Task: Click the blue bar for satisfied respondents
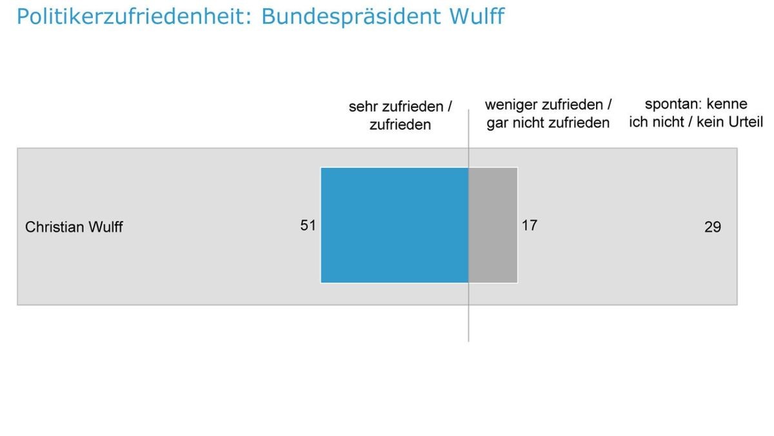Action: [394, 225]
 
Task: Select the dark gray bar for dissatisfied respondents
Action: [493, 225]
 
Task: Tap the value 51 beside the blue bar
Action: [308, 225]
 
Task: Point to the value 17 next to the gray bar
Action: [529, 225]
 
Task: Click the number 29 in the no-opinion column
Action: [712, 227]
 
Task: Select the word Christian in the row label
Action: [50, 227]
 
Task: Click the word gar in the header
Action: [497, 123]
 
